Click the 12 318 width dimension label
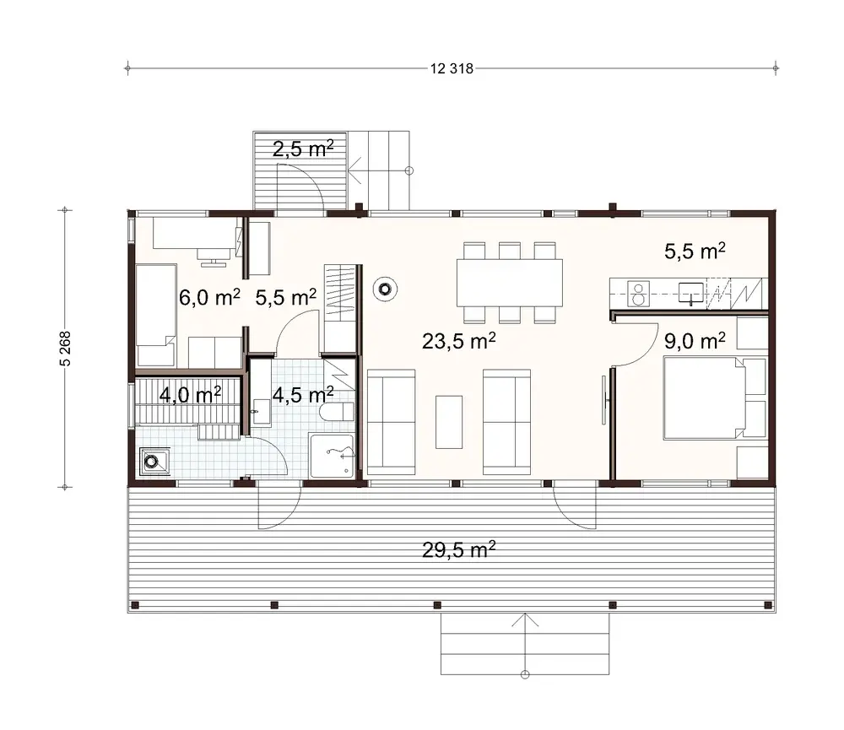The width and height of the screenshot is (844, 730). point(449,69)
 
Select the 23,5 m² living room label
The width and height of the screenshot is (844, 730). point(457,342)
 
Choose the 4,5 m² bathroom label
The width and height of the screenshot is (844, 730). point(302,394)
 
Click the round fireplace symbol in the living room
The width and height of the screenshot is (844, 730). point(386,289)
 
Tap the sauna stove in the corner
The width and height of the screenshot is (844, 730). point(153,462)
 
